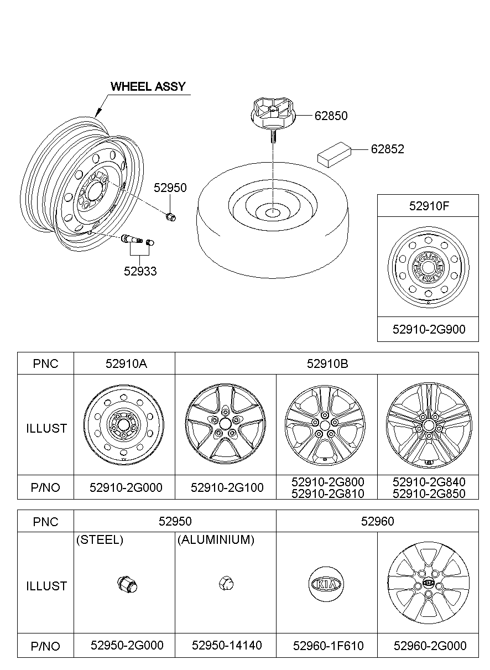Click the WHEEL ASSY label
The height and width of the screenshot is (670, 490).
point(148,86)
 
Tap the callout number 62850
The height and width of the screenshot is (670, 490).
point(331,116)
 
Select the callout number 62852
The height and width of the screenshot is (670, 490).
point(387,149)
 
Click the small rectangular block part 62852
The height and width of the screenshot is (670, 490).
point(334,153)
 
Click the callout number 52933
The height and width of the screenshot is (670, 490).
point(140,271)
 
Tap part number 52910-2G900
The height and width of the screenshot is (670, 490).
point(429,329)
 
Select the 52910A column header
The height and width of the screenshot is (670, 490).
point(125,363)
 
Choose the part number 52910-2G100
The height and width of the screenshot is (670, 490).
point(227,487)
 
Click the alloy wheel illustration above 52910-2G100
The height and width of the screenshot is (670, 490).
point(226,424)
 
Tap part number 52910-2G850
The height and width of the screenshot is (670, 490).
point(429,494)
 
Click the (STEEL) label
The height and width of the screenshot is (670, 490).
point(100,540)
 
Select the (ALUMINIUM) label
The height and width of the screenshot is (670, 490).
point(216,540)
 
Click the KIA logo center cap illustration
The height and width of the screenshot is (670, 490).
point(326,584)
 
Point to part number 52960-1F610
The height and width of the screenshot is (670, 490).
point(328,646)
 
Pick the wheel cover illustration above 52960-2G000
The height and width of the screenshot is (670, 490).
point(428,584)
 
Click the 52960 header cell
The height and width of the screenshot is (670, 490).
point(377,521)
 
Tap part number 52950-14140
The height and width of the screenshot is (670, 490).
point(227,646)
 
